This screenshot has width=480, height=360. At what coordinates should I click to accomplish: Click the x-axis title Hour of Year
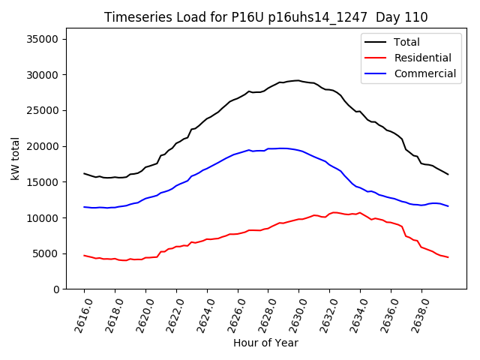[x=265, y=343]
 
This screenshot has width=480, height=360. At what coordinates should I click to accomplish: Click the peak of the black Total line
[x=298, y=80]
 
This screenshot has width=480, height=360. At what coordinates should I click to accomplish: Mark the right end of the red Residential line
[x=448, y=257]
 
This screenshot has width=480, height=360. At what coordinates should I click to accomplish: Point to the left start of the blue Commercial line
[x=84, y=207]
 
